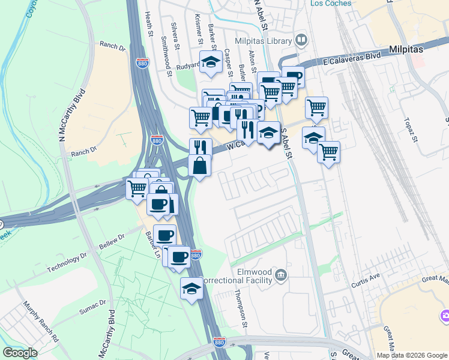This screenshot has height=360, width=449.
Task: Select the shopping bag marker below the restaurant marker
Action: (x=200, y=165)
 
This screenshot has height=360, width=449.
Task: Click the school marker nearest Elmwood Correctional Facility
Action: (x=191, y=289)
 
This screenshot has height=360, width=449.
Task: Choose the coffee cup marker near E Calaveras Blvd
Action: (x=292, y=76)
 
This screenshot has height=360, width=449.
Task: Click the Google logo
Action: (x=20, y=353)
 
